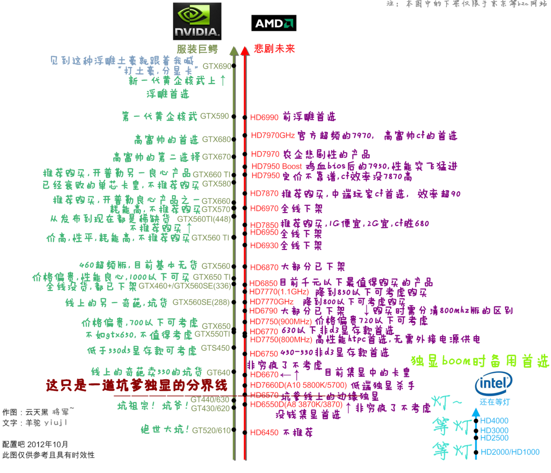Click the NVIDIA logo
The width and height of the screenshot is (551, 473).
click(197, 21)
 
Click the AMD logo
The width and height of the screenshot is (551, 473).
click(273, 23)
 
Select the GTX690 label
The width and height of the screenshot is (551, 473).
click(217, 66)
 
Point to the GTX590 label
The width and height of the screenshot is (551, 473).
click(215, 116)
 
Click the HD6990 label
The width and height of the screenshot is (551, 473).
click(264, 118)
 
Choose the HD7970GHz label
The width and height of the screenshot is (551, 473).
click(273, 136)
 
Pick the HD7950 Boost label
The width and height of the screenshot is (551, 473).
click(276, 166)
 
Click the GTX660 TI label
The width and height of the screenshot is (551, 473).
click(212, 174)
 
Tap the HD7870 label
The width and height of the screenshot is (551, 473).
click(264, 194)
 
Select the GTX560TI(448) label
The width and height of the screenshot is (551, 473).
click(204, 219)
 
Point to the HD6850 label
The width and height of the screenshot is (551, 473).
click(263, 283)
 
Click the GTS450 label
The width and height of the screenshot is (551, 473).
click(215, 348)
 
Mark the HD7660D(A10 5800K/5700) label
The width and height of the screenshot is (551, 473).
click(298, 385)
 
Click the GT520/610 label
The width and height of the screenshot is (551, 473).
click(211, 430)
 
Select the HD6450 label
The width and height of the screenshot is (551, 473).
click(264, 433)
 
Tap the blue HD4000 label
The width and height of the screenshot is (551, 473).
click(494, 421)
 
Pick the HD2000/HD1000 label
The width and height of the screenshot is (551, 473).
click(510, 452)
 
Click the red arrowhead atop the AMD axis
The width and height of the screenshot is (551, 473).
click(245, 51)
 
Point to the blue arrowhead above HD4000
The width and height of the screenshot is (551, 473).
click(476, 412)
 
